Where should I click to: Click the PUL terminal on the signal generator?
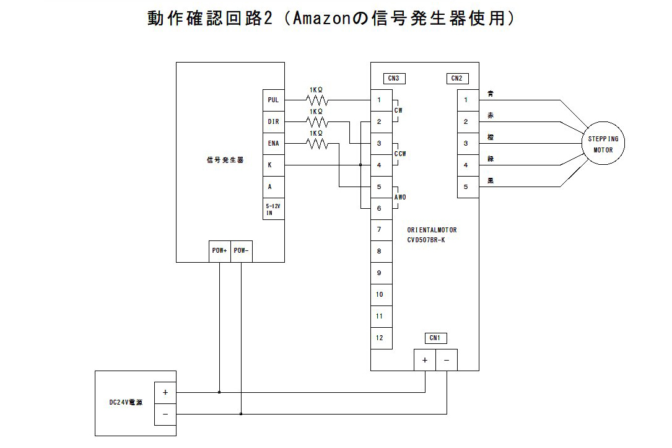273,100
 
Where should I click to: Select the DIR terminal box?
273,122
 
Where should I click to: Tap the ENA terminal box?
273,144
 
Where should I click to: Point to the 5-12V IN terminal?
273,209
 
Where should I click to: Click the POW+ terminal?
220,251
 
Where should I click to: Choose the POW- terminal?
242,251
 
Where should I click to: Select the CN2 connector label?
456,79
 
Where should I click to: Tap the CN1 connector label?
435,338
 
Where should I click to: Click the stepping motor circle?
603,144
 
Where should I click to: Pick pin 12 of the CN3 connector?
380,338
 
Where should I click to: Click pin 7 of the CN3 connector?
380,230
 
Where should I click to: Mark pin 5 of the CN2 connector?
466,187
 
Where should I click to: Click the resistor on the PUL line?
316,100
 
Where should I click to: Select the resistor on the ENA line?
316,143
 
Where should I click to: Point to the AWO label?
400,197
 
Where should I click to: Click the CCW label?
400,154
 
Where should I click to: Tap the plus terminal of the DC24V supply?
165,392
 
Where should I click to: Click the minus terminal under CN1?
447,360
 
